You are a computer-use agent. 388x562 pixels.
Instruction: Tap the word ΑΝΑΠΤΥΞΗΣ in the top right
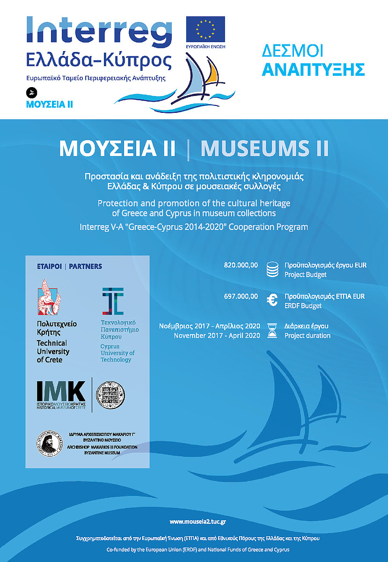pyautogui.click(x=313, y=69)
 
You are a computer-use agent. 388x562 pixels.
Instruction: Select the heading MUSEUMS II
pyautogui.click(x=264, y=148)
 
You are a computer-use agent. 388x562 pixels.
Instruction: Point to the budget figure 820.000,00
pyautogui.click(x=241, y=265)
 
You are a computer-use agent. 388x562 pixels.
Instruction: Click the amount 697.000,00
pyautogui.click(x=241, y=296)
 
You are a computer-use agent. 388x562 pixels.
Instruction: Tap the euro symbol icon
pyautogui.click(x=272, y=301)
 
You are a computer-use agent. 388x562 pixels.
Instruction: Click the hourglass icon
pyautogui.click(x=272, y=331)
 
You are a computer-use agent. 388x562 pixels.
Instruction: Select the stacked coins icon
pyautogui.click(x=272, y=270)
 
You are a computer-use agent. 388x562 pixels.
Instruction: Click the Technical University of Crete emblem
pyautogui.click(x=50, y=297)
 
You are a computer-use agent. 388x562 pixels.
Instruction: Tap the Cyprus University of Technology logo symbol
pyautogui.click(x=113, y=301)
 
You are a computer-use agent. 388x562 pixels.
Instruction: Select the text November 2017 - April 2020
pyautogui.click(x=217, y=335)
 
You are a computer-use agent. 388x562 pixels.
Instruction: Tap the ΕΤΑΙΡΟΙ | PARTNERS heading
pyautogui.click(x=69, y=266)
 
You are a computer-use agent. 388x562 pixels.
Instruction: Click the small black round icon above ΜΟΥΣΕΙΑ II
pyautogui.click(x=32, y=92)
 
